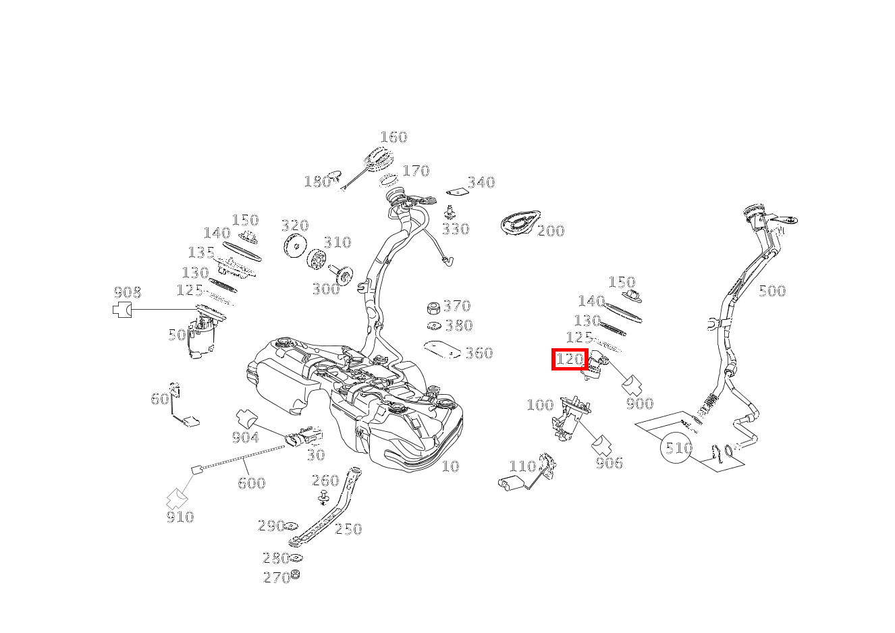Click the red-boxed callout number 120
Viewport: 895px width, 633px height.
pyautogui.click(x=570, y=360)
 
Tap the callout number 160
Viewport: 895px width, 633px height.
pyautogui.click(x=394, y=137)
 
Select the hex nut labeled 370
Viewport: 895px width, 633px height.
pyautogui.click(x=433, y=308)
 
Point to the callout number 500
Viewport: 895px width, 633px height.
pyautogui.click(x=772, y=291)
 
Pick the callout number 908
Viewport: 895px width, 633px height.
pyautogui.click(x=128, y=292)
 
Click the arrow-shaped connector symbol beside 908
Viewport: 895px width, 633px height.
pyautogui.click(x=122, y=310)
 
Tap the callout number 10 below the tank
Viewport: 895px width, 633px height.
pyautogui.click(x=451, y=466)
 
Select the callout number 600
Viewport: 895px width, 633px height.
pyautogui.click(x=251, y=483)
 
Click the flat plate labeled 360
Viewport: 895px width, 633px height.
pyautogui.click(x=442, y=350)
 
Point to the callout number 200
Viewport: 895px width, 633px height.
pyautogui.click(x=551, y=231)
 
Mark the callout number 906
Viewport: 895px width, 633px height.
pyautogui.click(x=609, y=463)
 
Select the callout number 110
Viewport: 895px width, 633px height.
pyautogui.click(x=522, y=466)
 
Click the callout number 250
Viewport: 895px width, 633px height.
pyautogui.click(x=348, y=529)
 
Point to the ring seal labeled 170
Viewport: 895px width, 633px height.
pyautogui.click(x=388, y=180)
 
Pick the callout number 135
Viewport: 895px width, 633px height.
pyautogui.click(x=201, y=252)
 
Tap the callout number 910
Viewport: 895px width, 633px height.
pyautogui.click(x=180, y=517)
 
